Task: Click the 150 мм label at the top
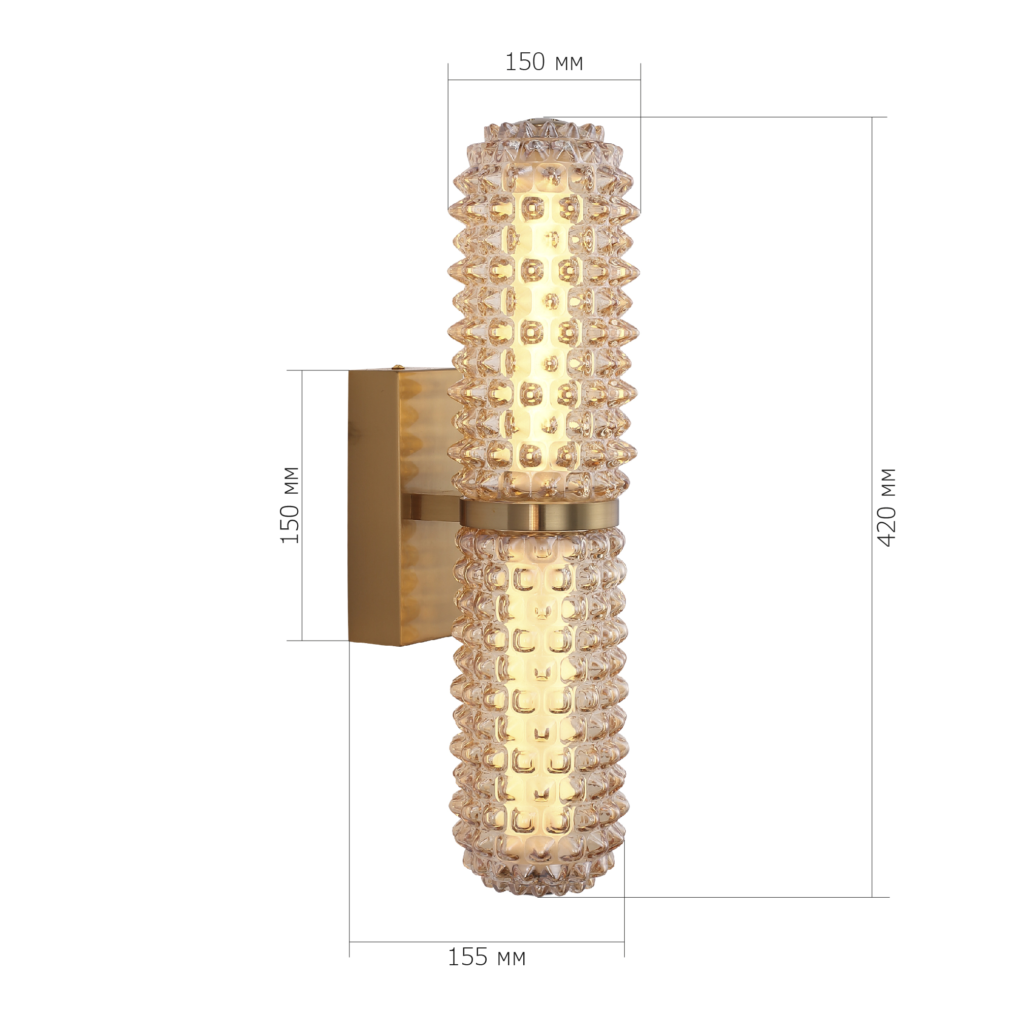[x=544, y=62]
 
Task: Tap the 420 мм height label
[x=887, y=507]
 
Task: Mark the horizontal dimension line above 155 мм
[x=487, y=941]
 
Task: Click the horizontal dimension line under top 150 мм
[x=544, y=80]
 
